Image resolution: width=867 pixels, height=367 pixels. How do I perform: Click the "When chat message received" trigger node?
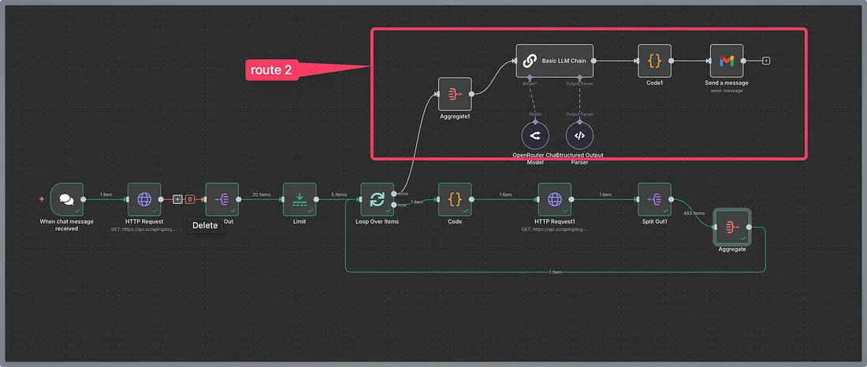click(66, 199)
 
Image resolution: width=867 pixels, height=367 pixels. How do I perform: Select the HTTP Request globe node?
click(144, 199)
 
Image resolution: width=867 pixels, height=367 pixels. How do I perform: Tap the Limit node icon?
click(300, 199)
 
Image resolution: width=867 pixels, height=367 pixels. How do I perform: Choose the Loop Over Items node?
click(377, 199)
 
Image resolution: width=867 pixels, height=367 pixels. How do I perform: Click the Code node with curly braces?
click(455, 199)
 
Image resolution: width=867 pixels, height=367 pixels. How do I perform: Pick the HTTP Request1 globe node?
click(554, 199)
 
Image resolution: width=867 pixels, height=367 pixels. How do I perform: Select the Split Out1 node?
click(654, 199)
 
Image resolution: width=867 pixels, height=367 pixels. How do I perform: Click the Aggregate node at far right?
click(731, 227)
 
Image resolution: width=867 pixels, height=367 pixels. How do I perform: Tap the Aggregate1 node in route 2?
click(455, 94)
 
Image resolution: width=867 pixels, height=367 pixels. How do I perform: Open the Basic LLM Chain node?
click(555, 60)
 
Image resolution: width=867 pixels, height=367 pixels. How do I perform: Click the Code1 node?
click(654, 60)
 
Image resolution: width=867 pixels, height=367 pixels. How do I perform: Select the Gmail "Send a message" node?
click(726, 60)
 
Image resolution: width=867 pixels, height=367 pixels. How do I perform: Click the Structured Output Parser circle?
click(579, 135)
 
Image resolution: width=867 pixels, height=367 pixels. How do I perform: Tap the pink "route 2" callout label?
click(273, 70)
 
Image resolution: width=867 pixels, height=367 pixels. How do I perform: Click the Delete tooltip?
click(204, 225)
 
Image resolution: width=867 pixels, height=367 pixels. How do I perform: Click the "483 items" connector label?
click(693, 213)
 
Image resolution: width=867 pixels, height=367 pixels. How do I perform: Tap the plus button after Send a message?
click(766, 60)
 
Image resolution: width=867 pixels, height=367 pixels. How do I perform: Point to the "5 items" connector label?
click(338, 195)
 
